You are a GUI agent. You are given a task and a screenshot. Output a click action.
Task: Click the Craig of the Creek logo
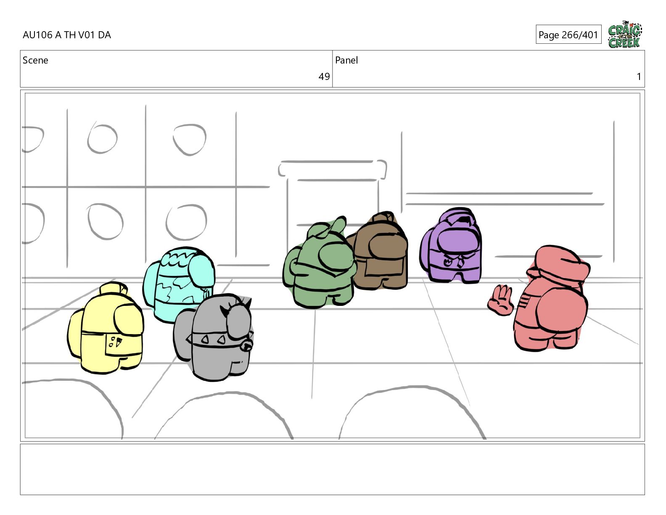625,35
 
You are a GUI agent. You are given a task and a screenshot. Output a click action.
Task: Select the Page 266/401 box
568,35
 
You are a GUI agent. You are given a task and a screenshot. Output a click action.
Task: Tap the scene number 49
324,77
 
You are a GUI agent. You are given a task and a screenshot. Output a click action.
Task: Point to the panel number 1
639,77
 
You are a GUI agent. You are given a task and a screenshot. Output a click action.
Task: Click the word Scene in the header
35,60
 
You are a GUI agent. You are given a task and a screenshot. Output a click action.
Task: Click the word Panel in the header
346,60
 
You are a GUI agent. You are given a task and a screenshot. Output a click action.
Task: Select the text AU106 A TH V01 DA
67,35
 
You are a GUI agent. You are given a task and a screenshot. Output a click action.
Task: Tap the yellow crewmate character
106,328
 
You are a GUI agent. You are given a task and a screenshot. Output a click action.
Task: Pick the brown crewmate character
380,251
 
